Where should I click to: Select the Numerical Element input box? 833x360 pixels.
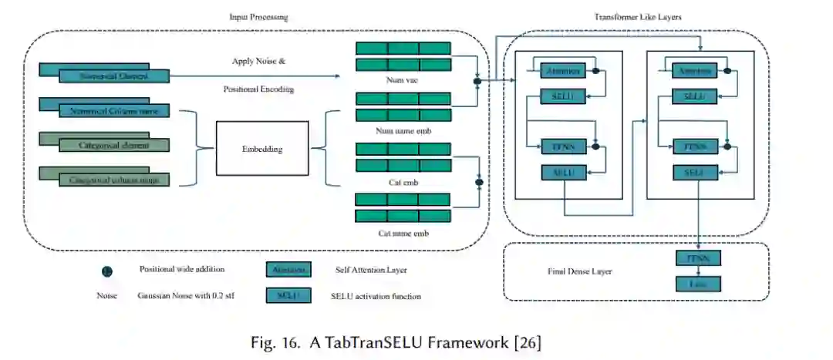(113, 76)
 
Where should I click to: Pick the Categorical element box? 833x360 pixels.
(113, 145)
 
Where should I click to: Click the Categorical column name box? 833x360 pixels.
(113, 180)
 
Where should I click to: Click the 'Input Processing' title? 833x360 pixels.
(258, 17)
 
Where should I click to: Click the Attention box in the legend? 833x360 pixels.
(288, 270)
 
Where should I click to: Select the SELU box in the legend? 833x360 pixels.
(288, 295)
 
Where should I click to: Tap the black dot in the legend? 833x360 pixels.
(107, 271)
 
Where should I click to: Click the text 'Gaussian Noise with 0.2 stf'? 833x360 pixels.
(185, 296)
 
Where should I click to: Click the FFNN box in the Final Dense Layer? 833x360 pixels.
(697, 258)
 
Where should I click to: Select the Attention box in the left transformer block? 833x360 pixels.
(562, 71)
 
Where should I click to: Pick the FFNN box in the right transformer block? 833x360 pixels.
(696, 146)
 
